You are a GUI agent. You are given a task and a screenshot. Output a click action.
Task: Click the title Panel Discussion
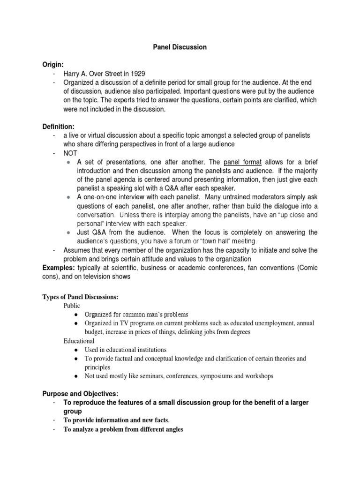coord(180,47)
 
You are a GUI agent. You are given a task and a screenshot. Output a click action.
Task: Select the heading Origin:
coord(53,64)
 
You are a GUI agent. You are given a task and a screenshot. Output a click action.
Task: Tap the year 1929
coord(136,74)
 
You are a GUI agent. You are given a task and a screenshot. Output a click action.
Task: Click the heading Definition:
coord(59,127)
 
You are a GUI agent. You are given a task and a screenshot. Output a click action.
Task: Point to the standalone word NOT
coord(71,153)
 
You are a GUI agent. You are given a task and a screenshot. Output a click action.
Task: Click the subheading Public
coord(72,306)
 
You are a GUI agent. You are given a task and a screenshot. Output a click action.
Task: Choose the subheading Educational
coord(79,341)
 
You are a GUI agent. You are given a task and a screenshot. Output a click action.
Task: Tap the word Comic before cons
coord(307,268)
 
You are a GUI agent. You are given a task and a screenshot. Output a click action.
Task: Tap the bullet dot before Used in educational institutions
coord(76,350)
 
